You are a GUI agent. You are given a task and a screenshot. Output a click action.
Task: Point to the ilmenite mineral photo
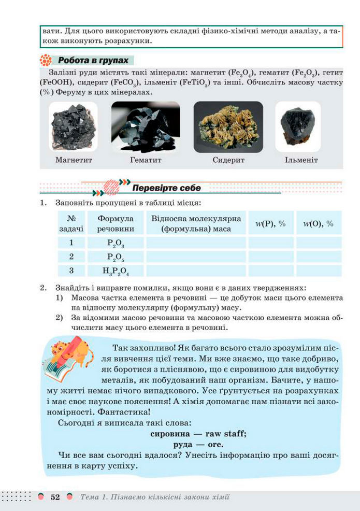click(x=298, y=126)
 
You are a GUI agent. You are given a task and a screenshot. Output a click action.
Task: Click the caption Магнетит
click(x=74, y=160)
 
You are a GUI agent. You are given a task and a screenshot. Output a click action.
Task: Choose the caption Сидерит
click(x=228, y=160)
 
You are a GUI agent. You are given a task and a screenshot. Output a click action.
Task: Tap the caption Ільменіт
click(x=301, y=160)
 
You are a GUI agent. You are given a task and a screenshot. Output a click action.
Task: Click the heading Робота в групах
click(x=93, y=60)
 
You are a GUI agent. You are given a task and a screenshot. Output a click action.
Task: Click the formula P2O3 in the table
click(x=115, y=243)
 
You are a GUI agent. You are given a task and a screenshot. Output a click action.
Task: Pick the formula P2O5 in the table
click(x=115, y=257)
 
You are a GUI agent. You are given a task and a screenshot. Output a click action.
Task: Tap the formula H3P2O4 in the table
click(x=115, y=271)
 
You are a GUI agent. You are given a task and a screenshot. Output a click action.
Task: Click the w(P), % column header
click(x=270, y=224)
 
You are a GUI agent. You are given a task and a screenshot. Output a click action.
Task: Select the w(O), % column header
click(x=318, y=224)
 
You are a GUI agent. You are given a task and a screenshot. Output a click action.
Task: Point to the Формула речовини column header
click(x=115, y=224)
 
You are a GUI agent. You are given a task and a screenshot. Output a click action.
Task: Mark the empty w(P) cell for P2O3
click(x=270, y=243)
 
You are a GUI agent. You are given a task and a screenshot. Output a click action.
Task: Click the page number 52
click(x=55, y=497)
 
